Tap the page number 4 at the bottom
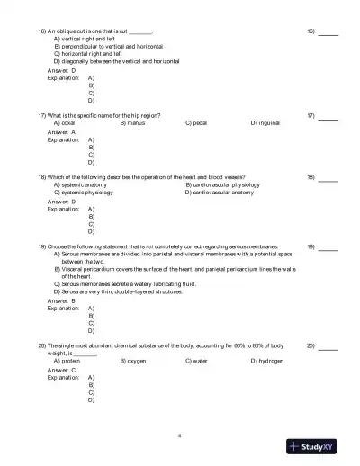(x=180, y=435)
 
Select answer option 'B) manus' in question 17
(x=133, y=123)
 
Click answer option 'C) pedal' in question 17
(x=198, y=123)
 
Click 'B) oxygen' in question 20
(x=133, y=361)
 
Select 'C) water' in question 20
(x=198, y=361)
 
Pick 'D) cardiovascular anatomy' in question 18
(x=220, y=192)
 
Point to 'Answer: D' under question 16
(x=61, y=69)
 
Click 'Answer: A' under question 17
(x=61, y=131)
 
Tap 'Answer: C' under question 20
(x=61, y=369)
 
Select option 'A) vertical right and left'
(x=85, y=40)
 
